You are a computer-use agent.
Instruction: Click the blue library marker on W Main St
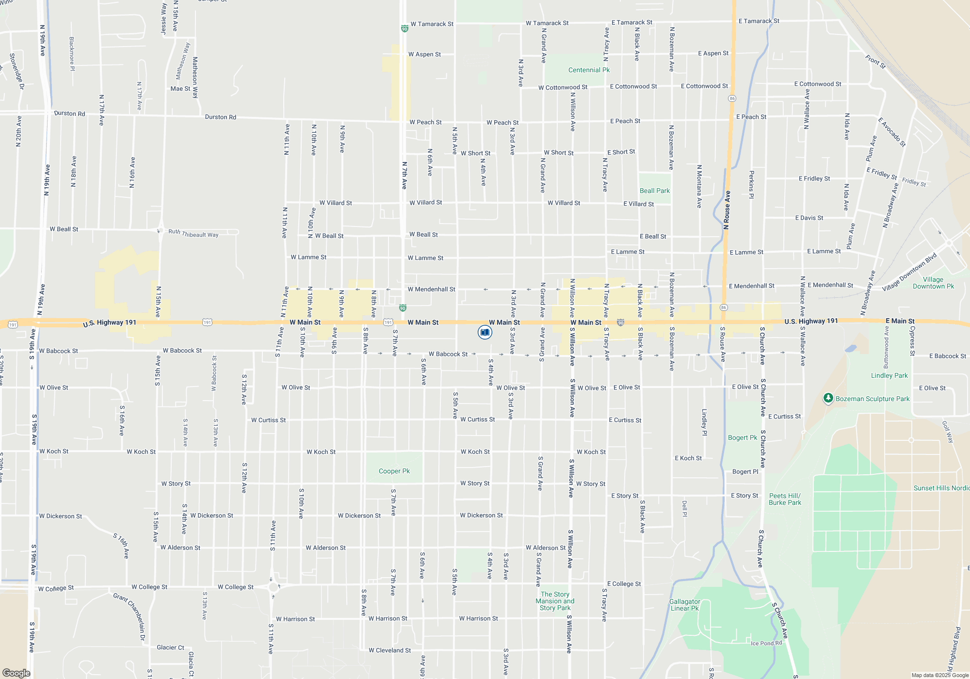485,332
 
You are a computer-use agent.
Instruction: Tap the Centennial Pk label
589,70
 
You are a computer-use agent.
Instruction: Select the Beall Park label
654,191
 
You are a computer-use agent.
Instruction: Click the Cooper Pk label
394,471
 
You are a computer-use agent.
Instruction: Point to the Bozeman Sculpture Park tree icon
828,398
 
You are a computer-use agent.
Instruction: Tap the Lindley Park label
889,376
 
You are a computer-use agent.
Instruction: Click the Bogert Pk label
742,438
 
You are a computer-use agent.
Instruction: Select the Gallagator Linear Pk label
684,605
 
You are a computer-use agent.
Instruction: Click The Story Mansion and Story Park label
555,601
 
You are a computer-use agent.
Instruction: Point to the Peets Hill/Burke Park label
785,500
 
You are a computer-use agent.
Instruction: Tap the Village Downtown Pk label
933,283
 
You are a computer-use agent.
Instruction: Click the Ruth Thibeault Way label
193,234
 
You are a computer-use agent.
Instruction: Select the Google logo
16,673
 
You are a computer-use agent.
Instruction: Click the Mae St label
180,89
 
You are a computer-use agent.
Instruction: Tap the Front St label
875,62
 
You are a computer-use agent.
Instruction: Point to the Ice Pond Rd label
766,644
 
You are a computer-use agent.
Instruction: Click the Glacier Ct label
170,647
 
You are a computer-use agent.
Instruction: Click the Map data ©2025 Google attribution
939,675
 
